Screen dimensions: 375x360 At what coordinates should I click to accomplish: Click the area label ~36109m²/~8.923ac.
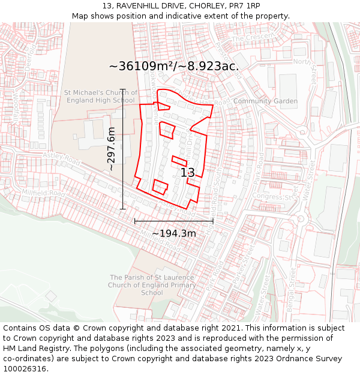pyautogui.click(x=174, y=66)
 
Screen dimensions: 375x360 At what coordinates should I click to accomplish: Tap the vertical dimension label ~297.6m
pyautogui.click(x=111, y=149)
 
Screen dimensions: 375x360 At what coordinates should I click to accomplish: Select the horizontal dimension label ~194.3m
pyautogui.click(x=173, y=233)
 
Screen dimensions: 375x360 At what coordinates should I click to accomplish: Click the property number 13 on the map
pyautogui.click(x=188, y=173)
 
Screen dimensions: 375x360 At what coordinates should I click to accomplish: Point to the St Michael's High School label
pyautogui.click(x=100, y=96)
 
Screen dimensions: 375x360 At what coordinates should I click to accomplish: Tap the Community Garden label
pyautogui.click(x=265, y=101)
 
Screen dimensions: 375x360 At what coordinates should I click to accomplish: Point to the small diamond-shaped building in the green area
pyautogui.click(x=51, y=296)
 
